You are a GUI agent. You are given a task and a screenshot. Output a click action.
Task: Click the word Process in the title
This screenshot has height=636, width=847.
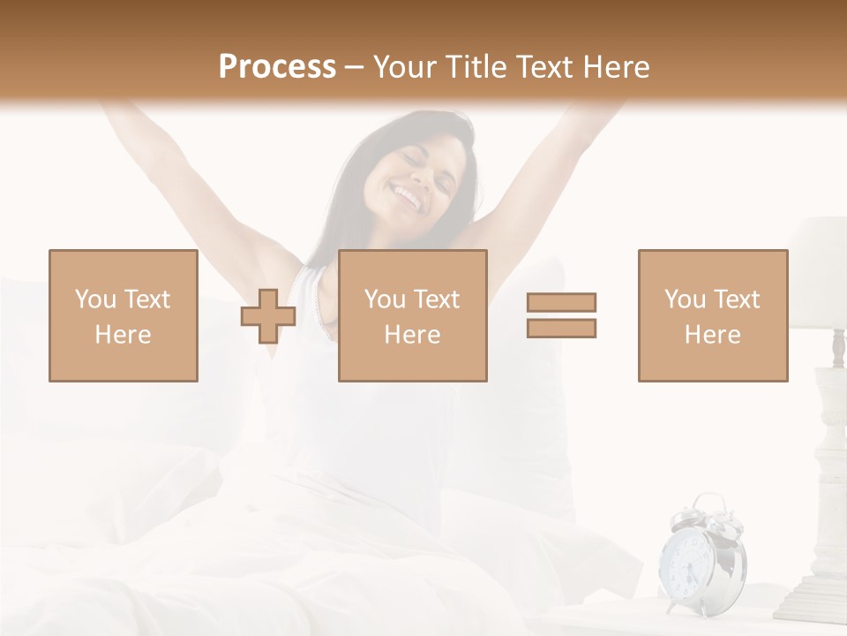(x=277, y=67)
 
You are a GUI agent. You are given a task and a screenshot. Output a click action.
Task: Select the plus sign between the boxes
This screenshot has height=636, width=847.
(x=268, y=315)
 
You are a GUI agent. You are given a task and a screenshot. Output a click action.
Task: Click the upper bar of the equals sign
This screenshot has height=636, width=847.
(x=561, y=302)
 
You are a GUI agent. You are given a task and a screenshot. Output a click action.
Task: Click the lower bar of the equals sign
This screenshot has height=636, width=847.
(x=561, y=328)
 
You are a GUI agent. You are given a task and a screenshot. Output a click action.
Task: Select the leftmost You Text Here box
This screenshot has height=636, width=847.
(x=124, y=315)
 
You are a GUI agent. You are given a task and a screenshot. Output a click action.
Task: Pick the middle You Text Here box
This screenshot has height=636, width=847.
(x=413, y=315)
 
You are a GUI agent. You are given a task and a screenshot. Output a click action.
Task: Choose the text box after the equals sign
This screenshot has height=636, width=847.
(x=713, y=315)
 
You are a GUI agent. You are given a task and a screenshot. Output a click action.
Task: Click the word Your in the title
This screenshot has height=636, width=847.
(x=405, y=67)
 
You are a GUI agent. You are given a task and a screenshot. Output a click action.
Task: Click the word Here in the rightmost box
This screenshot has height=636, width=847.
(x=713, y=335)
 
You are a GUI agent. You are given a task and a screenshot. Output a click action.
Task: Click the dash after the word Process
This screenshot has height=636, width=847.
(x=355, y=67)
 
